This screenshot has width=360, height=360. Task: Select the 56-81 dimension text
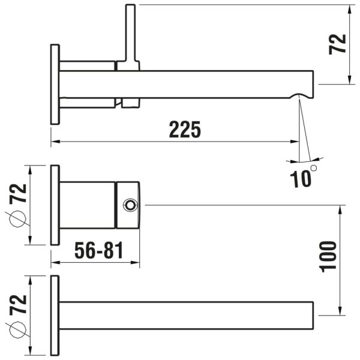click(x=99, y=251)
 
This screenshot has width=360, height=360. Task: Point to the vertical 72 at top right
click(x=339, y=44)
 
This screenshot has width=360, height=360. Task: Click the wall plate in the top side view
click(x=55, y=84)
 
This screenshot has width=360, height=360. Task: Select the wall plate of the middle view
click(x=55, y=205)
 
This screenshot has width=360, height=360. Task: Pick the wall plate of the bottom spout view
click(x=55, y=314)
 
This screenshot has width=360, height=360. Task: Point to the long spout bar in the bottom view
click(x=186, y=315)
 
